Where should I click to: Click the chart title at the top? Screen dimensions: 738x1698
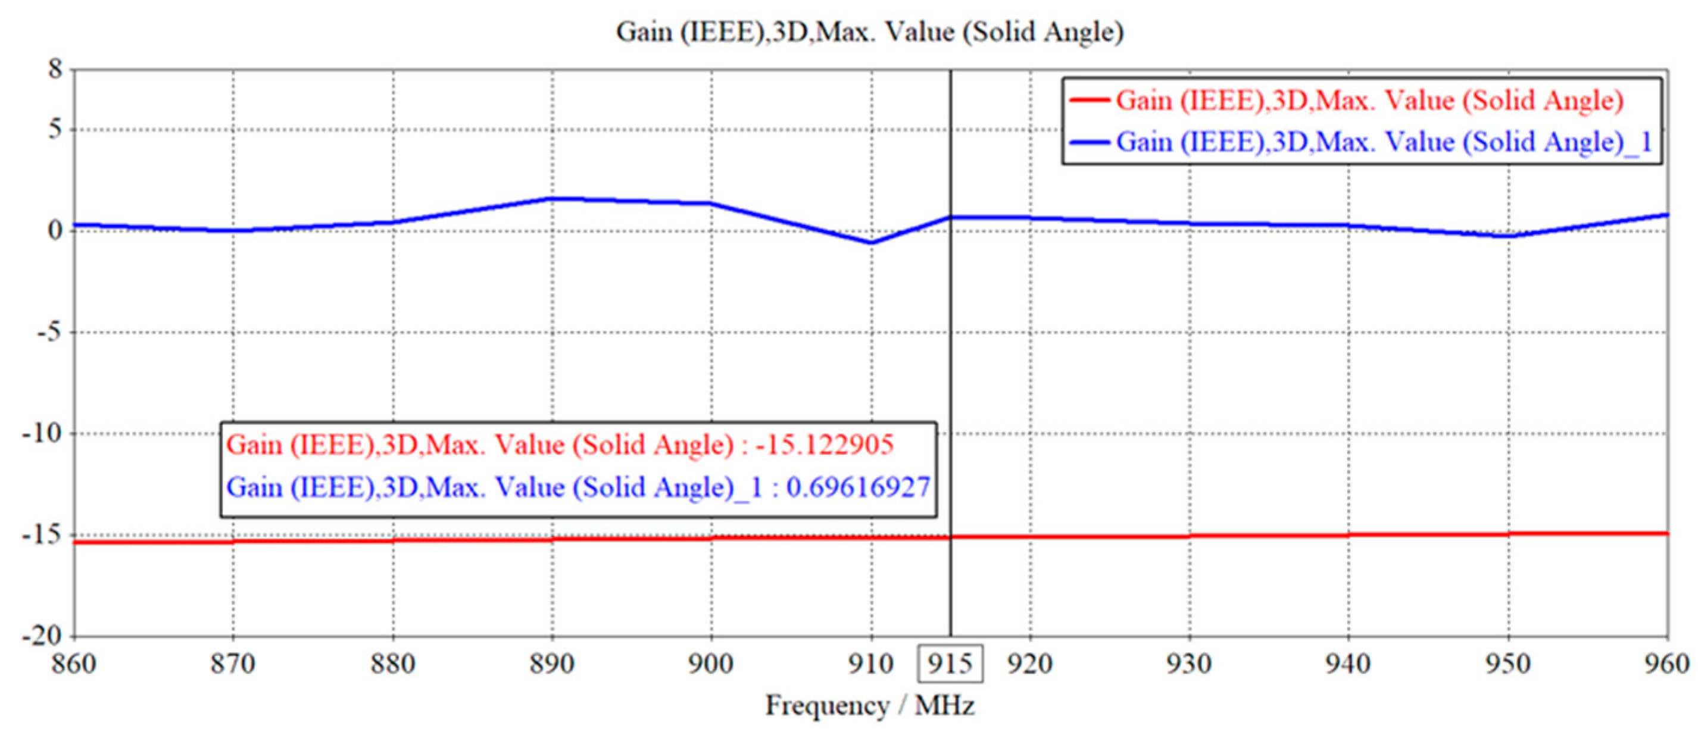(x=869, y=32)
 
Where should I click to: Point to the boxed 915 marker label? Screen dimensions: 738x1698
(x=950, y=664)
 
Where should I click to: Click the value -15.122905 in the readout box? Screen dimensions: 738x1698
(x=824, y=445)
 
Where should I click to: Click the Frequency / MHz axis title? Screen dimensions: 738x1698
(x=869, y=706)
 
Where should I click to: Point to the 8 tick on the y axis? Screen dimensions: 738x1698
(x=55, y=68)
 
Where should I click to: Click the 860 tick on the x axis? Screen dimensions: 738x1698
(x=74, y=664)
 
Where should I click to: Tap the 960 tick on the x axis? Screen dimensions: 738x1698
(x=1667, y=664)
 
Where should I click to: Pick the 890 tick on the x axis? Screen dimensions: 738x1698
(x=553, y=664)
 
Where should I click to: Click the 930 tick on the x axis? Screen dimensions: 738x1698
(x=1189, y=664)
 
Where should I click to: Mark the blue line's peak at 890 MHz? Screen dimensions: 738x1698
(x=553, y=198)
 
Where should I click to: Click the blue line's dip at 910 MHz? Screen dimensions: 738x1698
(x=872, y=242)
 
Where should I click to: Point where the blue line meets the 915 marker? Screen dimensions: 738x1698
(x=950, y=217)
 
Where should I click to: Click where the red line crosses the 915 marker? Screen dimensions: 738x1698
(x=950, y=537)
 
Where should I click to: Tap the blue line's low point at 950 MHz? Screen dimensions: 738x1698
(x=1508, y=235)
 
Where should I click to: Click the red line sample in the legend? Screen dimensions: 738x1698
(x=1089, y=101)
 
